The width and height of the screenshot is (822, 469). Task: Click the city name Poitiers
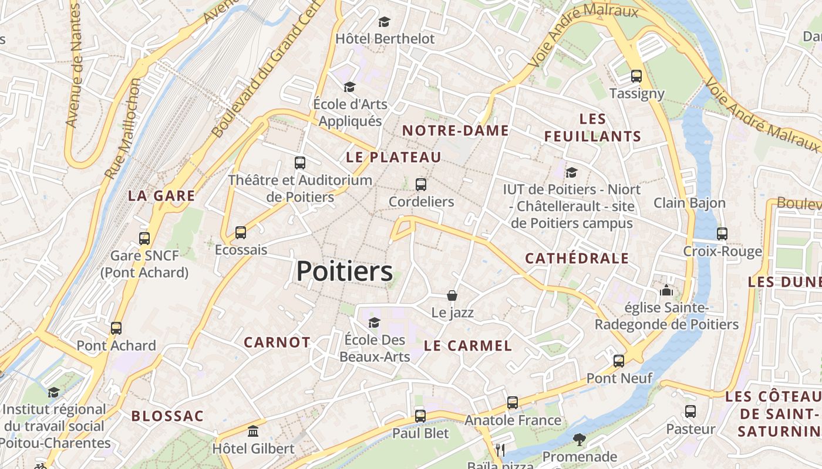tap(344, 271)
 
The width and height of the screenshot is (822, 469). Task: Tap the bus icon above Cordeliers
tap(421, 185)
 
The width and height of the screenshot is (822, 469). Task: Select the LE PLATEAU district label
tap(393, 157)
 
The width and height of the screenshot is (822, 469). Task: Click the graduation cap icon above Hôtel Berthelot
tap(384, 22)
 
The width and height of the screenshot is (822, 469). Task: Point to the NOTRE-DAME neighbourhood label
tap(455, 131)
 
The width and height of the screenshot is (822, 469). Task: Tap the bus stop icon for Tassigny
tap(636, 76)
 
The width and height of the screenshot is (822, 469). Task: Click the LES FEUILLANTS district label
tap(592, 128)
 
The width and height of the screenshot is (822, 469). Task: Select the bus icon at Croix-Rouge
tap(722, 234)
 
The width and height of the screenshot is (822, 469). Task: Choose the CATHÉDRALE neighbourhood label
tap(577, 259)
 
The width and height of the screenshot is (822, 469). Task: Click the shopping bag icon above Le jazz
tap(452, 295)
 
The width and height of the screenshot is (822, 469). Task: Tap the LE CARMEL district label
tap(468, 346)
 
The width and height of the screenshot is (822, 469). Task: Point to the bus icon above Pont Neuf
tap(619, 361)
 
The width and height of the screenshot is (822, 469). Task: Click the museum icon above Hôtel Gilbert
tap(253, 431)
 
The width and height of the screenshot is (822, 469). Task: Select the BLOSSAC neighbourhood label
tap(167, 416)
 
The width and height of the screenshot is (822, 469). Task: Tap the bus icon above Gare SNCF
tap(144, 239)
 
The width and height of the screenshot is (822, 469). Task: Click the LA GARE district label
tap(161, 196)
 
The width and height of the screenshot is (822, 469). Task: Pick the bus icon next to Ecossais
tap(241, 233)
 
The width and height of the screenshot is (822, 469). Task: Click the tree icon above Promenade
tap(580, 439)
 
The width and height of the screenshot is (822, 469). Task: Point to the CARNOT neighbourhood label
tap(277, 342)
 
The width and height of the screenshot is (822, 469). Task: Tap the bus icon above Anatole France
tap(513, 403)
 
